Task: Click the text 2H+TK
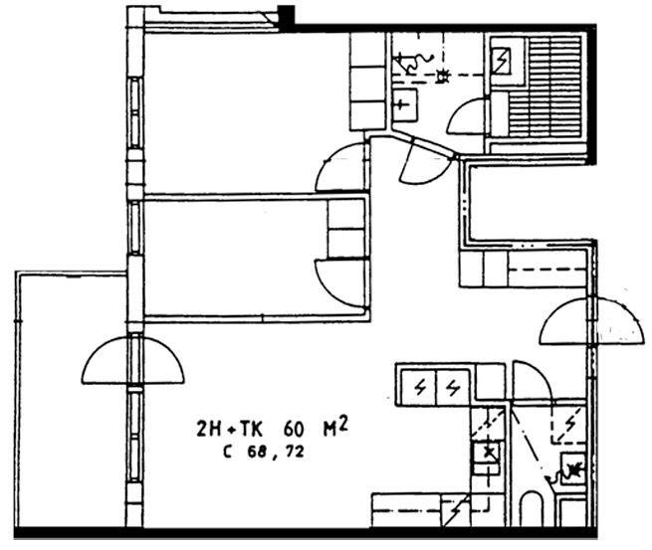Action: pyautogui.click(x=230, y=429)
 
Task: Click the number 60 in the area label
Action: pyautogui.click(x=294, y=429)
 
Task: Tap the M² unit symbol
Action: pyautogui.click(x=335, y=427)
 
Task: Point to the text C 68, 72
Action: pyautogui.click(x=264, y=452)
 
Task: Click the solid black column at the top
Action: pyautogui.click(x=286, y=17)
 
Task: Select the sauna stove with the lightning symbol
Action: pyautogui.click(x=502, y=61)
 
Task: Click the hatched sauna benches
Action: pyautogui.click(x=544, y=87)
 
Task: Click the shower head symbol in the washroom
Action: pyautogui.click(x=413, y=63)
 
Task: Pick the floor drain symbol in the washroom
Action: pyautogui.click(x=443, y=77)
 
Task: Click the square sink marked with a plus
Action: pyautogui.click(x=404, y=104)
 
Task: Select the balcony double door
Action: pyautogui.click(x=133, y=360)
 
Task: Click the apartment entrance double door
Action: pyautogui.click(x=592, y=320)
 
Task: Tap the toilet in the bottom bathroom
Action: pyautogui.click(x=532, y=509)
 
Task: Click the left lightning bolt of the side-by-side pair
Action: pyautogui.click(x=420, y=388)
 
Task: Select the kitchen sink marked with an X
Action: pyautogui.click(x=487, y=453)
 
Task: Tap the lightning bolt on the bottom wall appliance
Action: pyautogui.click(x=456, y=509)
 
